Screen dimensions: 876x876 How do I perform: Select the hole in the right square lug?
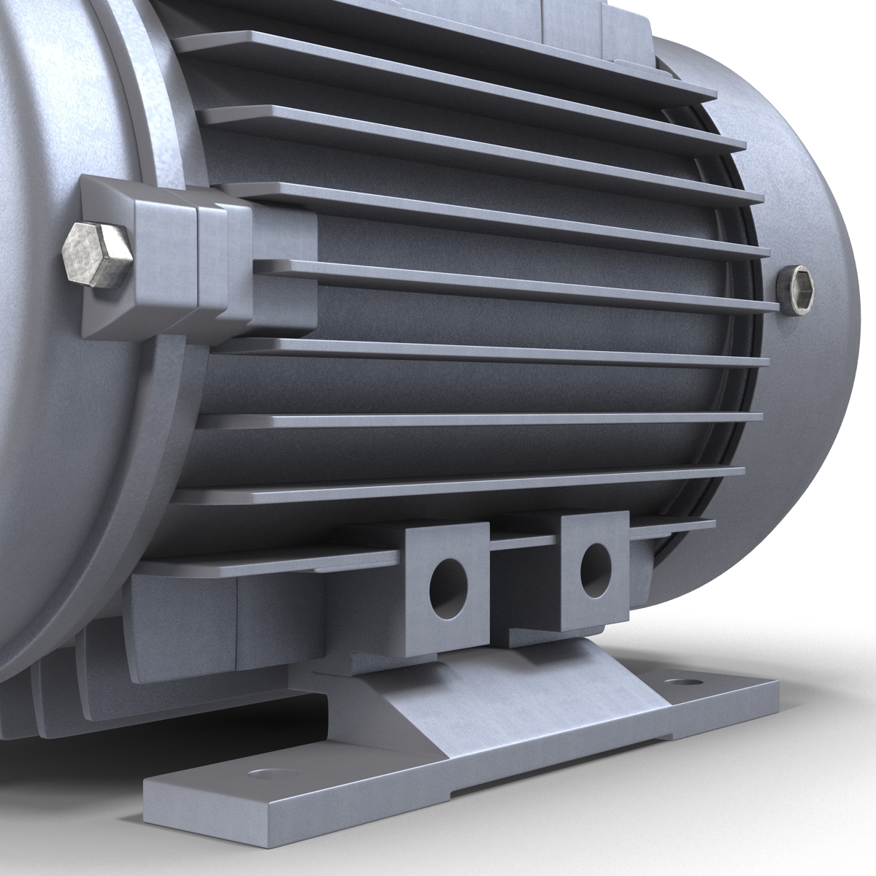595,566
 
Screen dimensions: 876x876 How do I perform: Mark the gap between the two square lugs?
522,584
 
